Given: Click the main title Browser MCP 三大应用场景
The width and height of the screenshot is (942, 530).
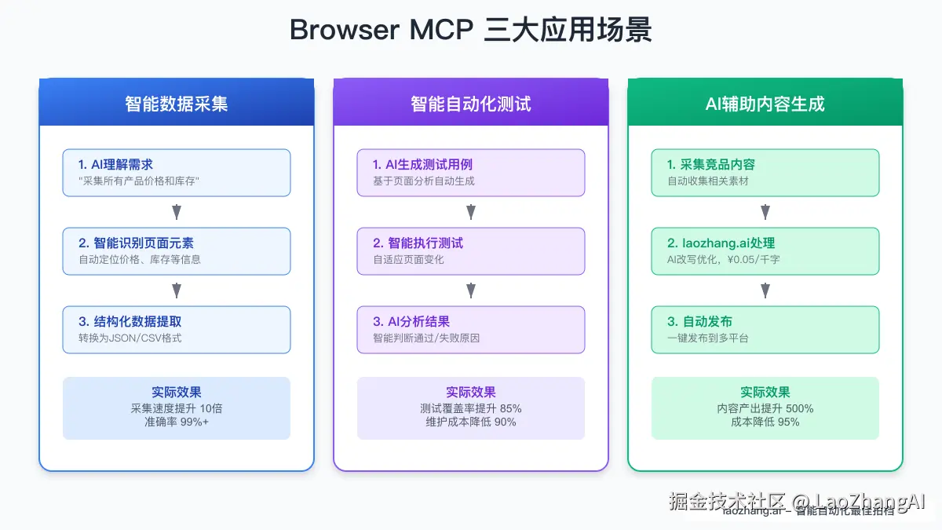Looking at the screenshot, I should (471, 30).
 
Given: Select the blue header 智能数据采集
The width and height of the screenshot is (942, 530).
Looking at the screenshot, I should (177, 104).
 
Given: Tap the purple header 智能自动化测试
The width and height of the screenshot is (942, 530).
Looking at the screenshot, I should (471, 104).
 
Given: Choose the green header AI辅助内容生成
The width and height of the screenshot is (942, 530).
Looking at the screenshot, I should (765, 104).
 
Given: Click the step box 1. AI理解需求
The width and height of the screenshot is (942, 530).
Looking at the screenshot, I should (177, 173).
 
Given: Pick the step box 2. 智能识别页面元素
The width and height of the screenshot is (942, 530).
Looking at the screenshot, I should (177, 251).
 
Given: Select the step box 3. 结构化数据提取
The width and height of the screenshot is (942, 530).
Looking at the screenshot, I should (177, 330).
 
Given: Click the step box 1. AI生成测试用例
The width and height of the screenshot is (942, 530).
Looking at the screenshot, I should (471, 173).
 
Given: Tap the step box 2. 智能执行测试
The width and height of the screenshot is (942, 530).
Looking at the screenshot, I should (471, 251).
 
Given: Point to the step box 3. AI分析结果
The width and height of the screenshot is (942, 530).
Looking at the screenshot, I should (471, 330).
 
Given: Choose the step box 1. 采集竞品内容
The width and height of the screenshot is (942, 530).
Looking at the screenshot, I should (765, 173).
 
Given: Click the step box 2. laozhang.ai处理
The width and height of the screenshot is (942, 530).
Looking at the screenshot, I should (765, 251).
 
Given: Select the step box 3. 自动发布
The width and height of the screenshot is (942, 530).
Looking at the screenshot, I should (765, 330).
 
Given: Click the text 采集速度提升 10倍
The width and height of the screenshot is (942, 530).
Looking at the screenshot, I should (177, 408).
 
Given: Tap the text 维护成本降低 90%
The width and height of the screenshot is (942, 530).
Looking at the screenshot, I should (471, 422).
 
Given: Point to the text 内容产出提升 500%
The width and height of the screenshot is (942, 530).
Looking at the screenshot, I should (765, 408).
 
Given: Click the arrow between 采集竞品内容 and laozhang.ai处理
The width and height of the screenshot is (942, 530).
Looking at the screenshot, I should (765, 212).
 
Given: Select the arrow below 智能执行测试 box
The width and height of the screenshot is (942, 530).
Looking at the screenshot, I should (471, 291).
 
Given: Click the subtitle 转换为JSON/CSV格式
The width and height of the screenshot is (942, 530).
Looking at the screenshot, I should (130, 338).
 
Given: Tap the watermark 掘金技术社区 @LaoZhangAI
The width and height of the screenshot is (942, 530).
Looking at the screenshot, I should (798, 501).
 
